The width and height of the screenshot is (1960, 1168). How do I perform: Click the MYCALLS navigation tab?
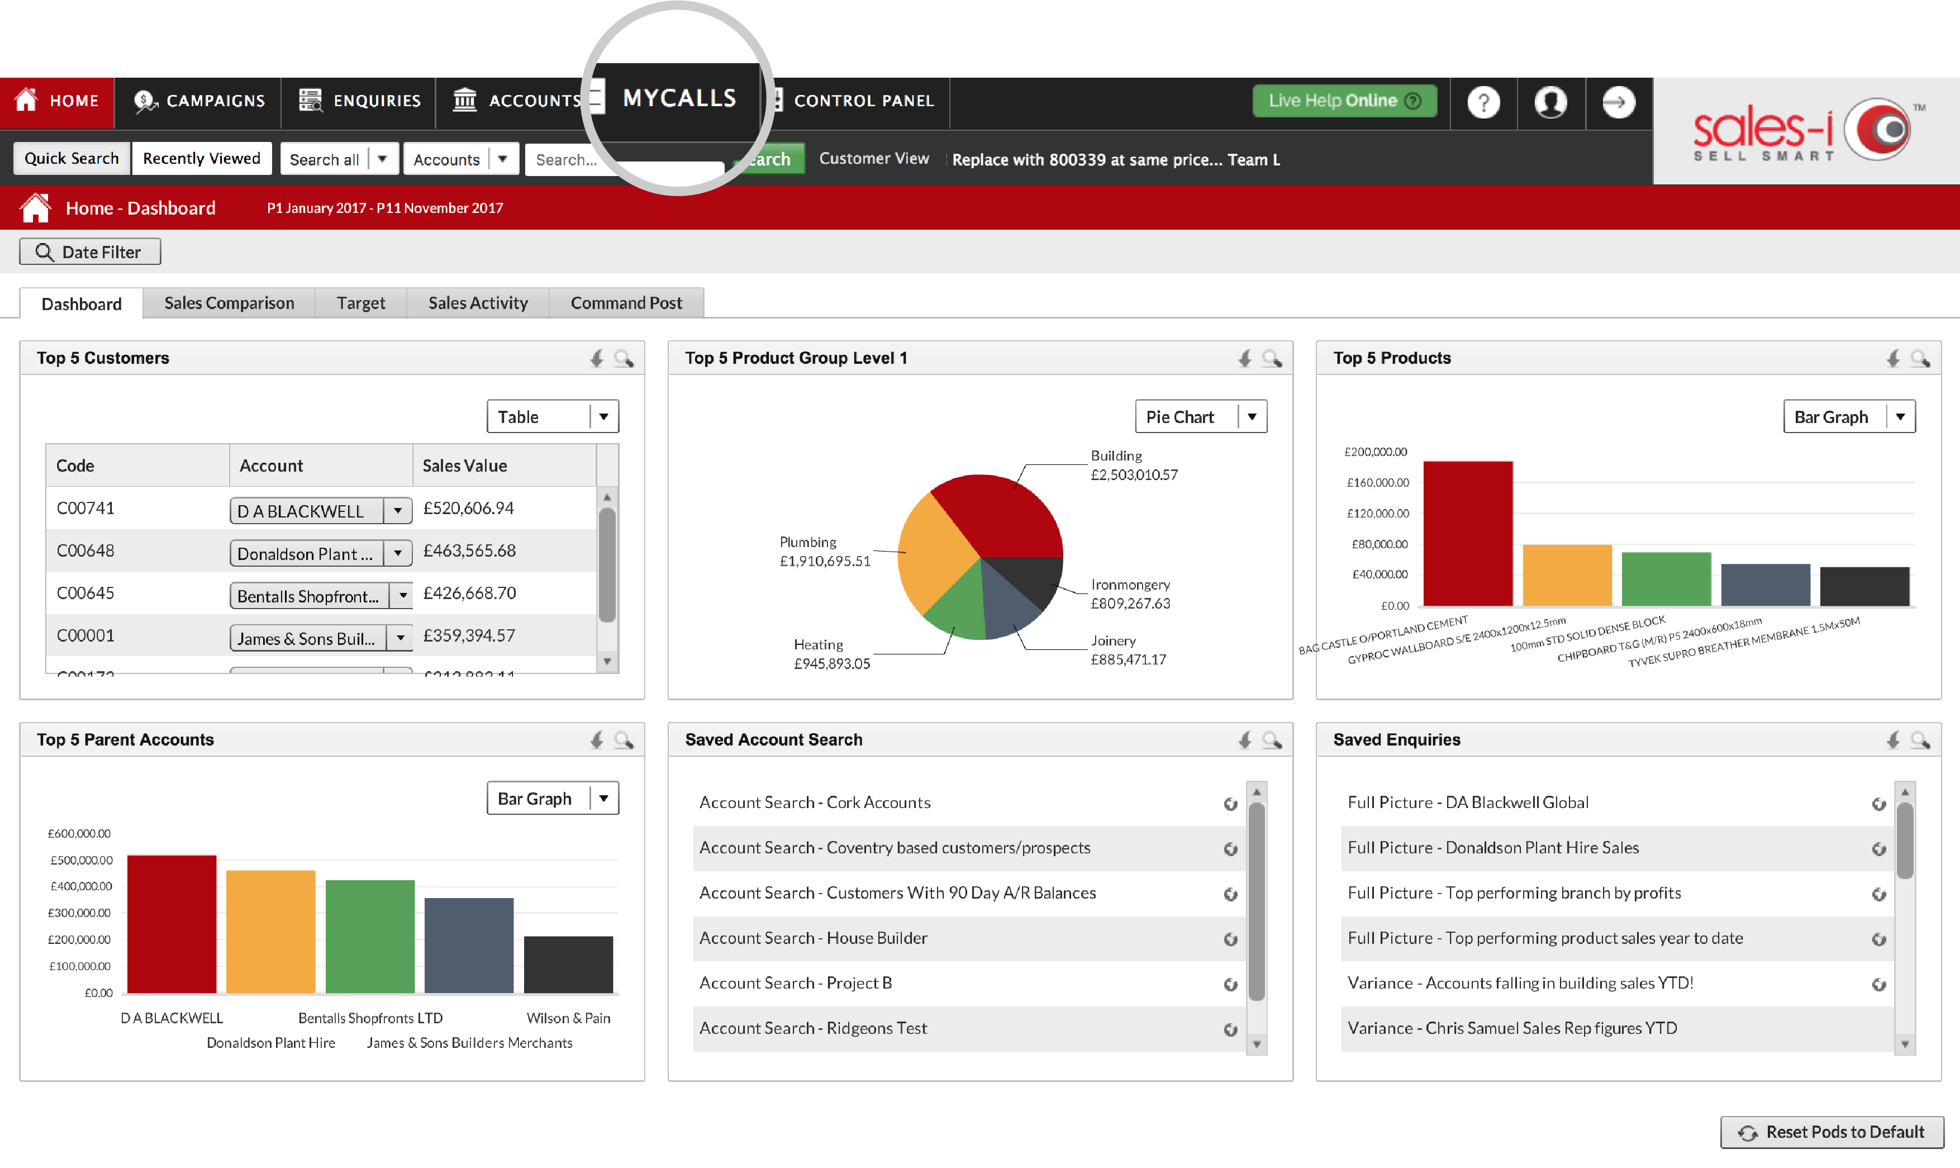click(x=678, y=98)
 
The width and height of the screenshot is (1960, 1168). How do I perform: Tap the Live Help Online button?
click(x=1344, y=101)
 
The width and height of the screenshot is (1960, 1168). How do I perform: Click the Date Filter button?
click(x=90, y=252)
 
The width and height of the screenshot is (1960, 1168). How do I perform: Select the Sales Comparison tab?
click(x=229, y=303)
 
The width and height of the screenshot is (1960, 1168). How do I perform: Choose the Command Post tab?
click(x=626, y=303)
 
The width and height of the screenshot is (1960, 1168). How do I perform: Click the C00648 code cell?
click(x=85, y=551)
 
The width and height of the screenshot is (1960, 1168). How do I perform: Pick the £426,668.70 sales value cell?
click(x=470, y=594)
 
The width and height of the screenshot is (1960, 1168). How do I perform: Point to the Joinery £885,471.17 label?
click(x=1128, y=650)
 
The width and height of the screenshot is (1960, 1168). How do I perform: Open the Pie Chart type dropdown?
click(x=1201, y=416)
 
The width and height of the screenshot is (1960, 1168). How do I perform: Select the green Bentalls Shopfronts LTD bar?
click(x=370, y=937)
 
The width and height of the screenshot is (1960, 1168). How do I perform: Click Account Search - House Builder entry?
click(x=814, y=938)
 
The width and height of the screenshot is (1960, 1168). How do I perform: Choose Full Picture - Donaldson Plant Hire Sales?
click(x=1492, y=848)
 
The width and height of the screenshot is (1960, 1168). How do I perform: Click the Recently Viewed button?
click(x=202, y=158)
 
